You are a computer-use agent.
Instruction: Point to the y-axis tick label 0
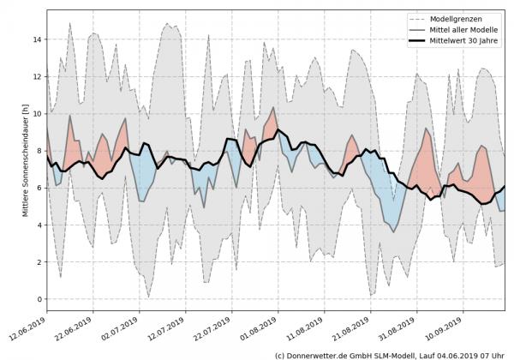[38, 299]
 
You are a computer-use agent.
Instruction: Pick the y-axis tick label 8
[38, 150]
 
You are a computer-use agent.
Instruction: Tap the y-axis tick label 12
[35, 76]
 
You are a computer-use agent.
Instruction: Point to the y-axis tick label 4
[38, 225]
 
